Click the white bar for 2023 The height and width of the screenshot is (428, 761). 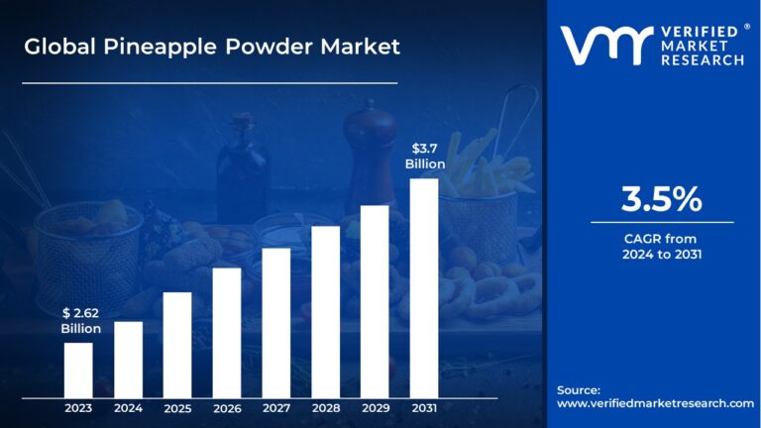78,370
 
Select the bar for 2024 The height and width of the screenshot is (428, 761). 128,359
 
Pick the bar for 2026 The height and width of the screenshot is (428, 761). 227,332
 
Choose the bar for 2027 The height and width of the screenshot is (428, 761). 276,322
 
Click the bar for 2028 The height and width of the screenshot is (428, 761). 326,311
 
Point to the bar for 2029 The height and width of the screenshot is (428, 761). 375,301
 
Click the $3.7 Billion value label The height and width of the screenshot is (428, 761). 424,157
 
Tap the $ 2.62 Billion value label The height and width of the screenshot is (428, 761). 80,321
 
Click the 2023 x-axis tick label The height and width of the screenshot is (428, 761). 78,407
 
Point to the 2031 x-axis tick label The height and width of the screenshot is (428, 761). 424,407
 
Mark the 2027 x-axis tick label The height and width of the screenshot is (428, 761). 276,407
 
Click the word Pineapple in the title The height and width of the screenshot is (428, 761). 152,47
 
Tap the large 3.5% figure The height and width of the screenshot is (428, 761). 661,200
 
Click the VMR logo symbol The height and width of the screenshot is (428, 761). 605,46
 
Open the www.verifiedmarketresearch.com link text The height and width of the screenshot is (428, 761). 655,403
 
